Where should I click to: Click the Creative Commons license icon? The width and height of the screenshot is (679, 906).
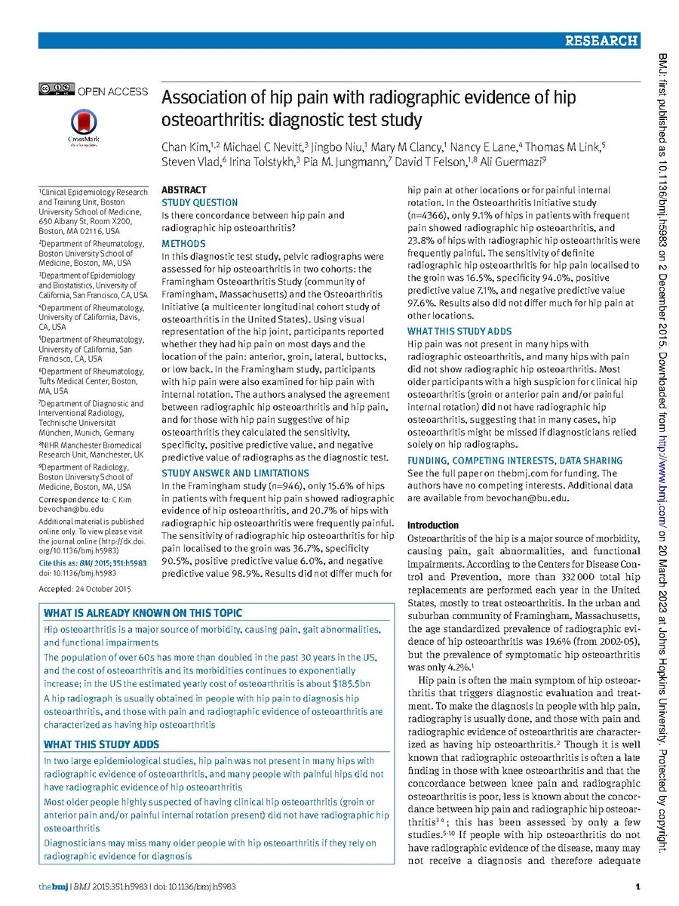[x=57, y=90]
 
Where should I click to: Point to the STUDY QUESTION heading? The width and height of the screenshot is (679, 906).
[x=200, y=203]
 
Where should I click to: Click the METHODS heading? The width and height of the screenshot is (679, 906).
[x=183, y=244]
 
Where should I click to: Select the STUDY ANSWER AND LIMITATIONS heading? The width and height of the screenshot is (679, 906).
[x=231, y=473]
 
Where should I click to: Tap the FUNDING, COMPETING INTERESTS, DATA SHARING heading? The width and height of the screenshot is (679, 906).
[x=515, y=461]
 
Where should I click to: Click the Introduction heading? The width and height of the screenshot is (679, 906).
[x=433, y=525]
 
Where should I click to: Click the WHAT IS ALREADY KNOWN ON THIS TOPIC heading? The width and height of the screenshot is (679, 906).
[x=143, y=613]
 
